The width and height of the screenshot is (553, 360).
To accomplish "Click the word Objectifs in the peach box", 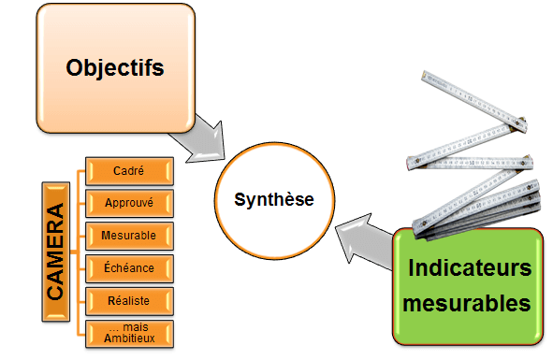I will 115,68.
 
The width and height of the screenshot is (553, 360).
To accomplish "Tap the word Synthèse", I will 273,199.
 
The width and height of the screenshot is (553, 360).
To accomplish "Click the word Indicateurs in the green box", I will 470,269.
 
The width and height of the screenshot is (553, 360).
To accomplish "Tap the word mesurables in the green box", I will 470,303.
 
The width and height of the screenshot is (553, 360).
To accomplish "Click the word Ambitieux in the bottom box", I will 128,338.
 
